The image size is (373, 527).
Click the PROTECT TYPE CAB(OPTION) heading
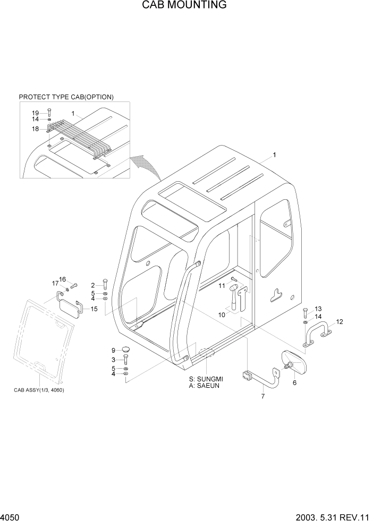[66, 97]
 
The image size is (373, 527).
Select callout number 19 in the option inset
[35, 113]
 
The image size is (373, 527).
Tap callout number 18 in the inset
[35, 129]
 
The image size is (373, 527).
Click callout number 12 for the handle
[340, 321]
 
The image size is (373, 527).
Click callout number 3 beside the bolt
[114, 361]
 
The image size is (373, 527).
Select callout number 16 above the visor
[62, 279]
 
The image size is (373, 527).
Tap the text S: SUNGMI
[206, 378]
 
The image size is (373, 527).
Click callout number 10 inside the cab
[222, 314]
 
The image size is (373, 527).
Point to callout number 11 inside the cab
[222, 286]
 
